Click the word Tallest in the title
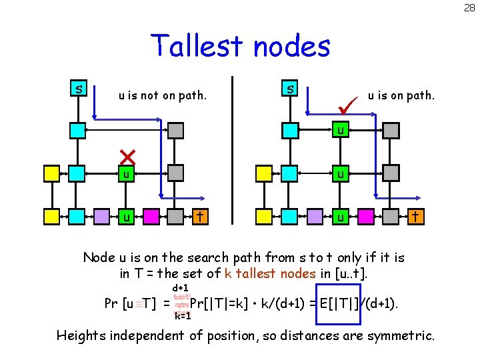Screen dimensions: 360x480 pyautogui.click(x=193, y=46)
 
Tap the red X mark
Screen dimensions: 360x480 pyautogui.click(x=127, y=157)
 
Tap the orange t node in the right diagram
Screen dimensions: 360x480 pyautogui.click(x=415, y=216)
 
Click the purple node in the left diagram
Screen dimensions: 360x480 pyautogui.click(x=101, y=217)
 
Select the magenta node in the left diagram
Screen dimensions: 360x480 pyautogui.click(x=150, y=217)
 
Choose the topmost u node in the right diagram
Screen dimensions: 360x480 pyautogui.click(x=340, y=131)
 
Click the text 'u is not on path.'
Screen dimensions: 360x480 pyautogui.click(x=163, y=95)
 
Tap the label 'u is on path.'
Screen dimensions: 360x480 pyautogui.click(x=401, y=95)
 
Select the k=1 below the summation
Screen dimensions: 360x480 pyautogui.click(x=183, y=316)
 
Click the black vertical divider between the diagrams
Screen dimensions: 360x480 pyautogui.click(x=233, y=149)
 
